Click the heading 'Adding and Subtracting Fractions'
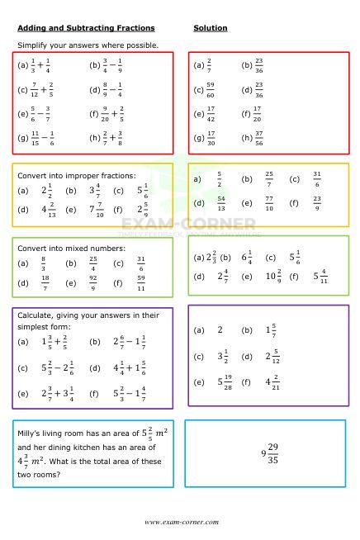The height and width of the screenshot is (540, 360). click(x=86, y=28)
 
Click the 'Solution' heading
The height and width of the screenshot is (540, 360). click(x=211, y=28)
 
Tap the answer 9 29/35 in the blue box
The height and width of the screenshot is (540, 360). click(x=269, y=453)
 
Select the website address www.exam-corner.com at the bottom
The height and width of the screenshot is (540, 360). click(x=181, y=522)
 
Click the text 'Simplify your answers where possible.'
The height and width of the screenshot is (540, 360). click(x=88, y=45)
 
